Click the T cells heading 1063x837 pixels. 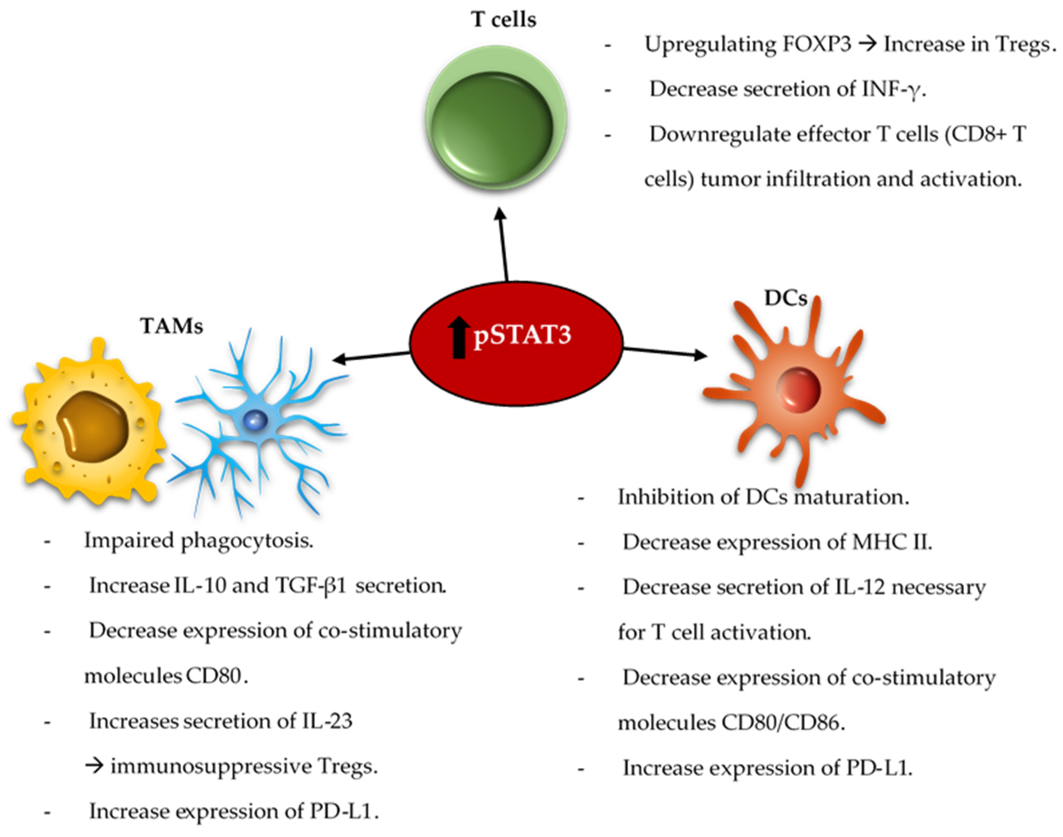[503, 20]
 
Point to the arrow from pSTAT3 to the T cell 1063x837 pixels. [503, 245]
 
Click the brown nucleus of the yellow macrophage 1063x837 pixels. [93, 426]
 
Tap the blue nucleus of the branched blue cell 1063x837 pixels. [255, 420]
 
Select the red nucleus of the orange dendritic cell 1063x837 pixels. [798, 390]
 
